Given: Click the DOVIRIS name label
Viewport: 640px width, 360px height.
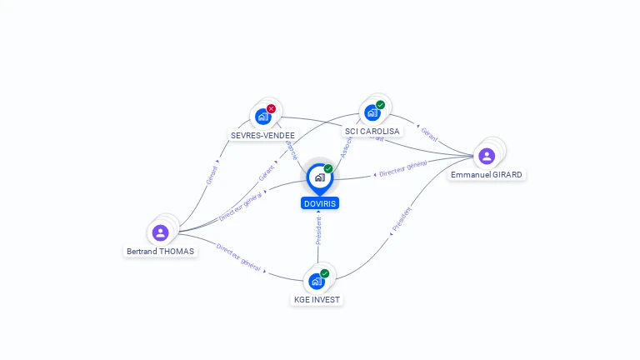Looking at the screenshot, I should pyautogui.click(x=320, y=203).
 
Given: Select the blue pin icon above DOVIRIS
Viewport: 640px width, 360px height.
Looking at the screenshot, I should pyautogui.click(x=319, y=177).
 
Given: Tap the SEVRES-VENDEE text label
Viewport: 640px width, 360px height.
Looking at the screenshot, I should pyautogui.click(x=262, y=135).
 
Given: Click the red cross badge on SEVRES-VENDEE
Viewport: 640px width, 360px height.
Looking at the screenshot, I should pyautogui.click(x=271, y=108).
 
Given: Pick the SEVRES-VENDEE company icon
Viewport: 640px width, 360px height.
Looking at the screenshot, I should pyautogui.click(x=263, y=117).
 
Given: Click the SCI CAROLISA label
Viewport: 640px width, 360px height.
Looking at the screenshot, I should pyautogui.click(x=372, y=131).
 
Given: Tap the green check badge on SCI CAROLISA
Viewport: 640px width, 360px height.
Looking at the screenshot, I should pyautogui.click(x=381, y=105).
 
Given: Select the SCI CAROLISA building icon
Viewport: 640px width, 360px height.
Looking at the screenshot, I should pyautogui.click(x=372, y=112).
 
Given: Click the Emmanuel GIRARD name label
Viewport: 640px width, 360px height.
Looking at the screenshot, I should pyautogui.click(x=487, y=175).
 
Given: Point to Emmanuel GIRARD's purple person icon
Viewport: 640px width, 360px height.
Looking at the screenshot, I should pyautogui.click(x=487, y=156).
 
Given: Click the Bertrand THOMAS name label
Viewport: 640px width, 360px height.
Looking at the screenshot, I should pyautogui.click(x=160, y=251).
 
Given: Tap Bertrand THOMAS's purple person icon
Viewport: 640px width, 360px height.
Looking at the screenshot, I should pyautogui.click(x=161, y=232).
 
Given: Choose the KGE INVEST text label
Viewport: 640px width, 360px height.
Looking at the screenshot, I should pyautogui.click(x=317, y=299).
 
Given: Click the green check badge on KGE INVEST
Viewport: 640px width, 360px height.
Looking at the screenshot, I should pyautogui.click(x=324, y=273).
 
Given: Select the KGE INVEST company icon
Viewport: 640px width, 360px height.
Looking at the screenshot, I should pyautogui.click(x=317, y=282).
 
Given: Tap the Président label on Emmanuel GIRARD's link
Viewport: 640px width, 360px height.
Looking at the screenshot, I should pyautogui.click(x=402, y=218).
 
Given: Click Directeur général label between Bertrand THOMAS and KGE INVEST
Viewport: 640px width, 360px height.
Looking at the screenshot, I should pyautogui.click(x=238, y=258).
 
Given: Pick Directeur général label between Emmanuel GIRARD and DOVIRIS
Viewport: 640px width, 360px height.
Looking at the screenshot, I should pyautogui.click(x=402, y=169).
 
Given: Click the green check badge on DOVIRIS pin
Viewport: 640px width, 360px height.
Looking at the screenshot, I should pyautogui.click(x=328, y=169).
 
